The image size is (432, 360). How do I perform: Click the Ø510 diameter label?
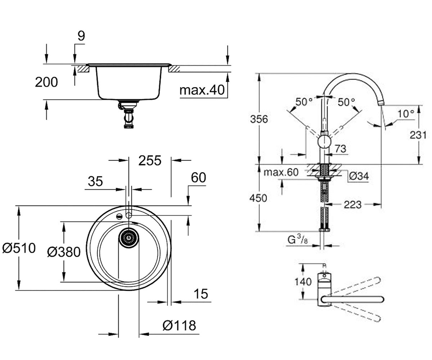click(x=19, y=248)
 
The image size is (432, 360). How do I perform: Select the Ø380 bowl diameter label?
click(x=64, y=252)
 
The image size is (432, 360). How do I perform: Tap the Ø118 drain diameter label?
click(x=179, y=325)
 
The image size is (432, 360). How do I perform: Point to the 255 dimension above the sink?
click(x=150, y=160)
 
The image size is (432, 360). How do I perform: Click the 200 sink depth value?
click(x=46, y=82)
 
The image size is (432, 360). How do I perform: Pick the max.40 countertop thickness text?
click(x=202, y=90)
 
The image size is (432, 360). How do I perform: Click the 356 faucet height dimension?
click(x=259, y=119)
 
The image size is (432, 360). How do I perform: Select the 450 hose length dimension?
click(x=258, y=198)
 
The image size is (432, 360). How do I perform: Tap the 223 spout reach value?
click(x=352, y=205)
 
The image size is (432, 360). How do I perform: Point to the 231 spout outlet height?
click(x=418, y=135)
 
